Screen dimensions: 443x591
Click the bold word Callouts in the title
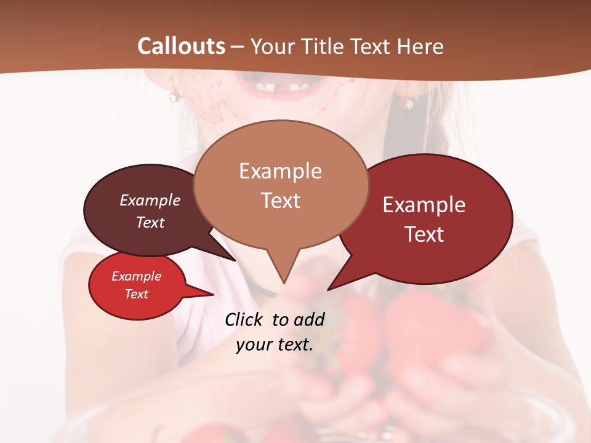pos(181,46)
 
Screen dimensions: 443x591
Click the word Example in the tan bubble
pos(280,171)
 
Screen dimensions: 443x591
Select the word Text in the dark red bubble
pos(424,234)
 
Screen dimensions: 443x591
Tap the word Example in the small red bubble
pos(136,276)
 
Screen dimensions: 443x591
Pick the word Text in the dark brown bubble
pos(150,222)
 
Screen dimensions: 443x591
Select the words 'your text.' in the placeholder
pos(275,345)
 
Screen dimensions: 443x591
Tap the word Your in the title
pos(271,46)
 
